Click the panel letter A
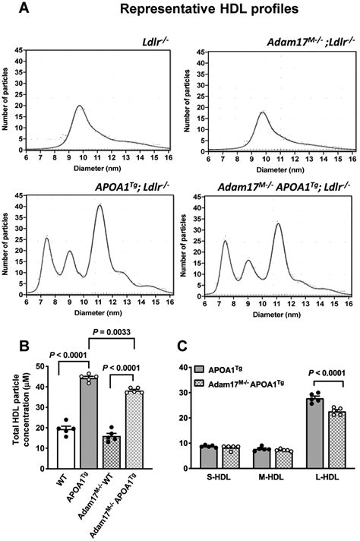(x=8, y=8)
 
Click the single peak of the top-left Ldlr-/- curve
(x=80, y=106)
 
